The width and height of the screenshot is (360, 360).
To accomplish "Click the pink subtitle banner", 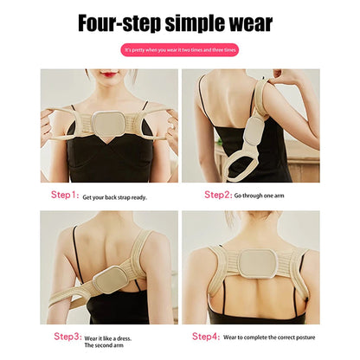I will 180,50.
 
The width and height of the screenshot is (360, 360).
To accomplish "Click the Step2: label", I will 217,195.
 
